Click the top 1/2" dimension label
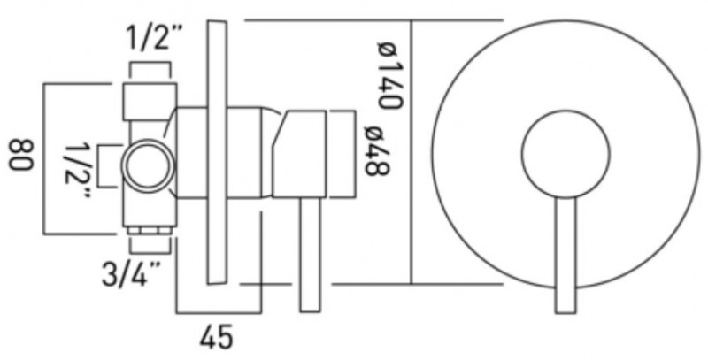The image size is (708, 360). tap(149, 38)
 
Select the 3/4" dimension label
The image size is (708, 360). tap(131, 274)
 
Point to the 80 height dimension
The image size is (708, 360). tap(21, 155)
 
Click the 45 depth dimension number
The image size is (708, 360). tap(217, 336)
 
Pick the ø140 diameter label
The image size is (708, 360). tap(389, 75)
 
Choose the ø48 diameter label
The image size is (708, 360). tap(377, 151)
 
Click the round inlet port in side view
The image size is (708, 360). tap(148, 165)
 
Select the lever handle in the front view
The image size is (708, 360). tap(566, 255)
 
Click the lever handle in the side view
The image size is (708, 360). tap(310, 255)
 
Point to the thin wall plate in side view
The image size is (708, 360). tap(217, 152)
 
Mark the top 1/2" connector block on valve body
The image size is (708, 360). tap(150, 102)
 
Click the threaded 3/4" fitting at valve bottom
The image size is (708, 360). tap(150, 231)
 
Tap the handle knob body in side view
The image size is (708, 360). tap(299, 154)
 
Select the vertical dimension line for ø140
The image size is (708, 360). tap(412, 152)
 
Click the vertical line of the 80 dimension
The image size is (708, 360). tap(43, 159)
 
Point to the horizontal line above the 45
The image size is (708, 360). tap(219, 312)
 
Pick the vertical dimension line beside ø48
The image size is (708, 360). tap(355, 154)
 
